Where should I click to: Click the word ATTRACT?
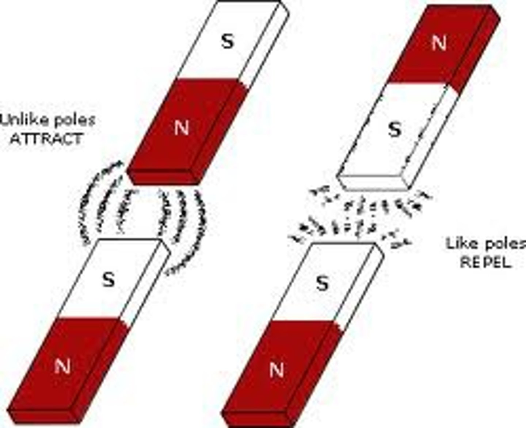tap(45, 139)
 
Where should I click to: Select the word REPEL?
tap(485, 262)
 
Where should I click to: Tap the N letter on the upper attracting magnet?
tap(182, 128)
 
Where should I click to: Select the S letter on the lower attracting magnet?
tap(108, 279)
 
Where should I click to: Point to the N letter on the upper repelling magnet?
tap(439, 43)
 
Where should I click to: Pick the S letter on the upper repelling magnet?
tap(394, 129)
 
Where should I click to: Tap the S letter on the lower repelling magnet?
tap(321, 283)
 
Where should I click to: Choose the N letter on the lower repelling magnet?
tap(276, 370)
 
